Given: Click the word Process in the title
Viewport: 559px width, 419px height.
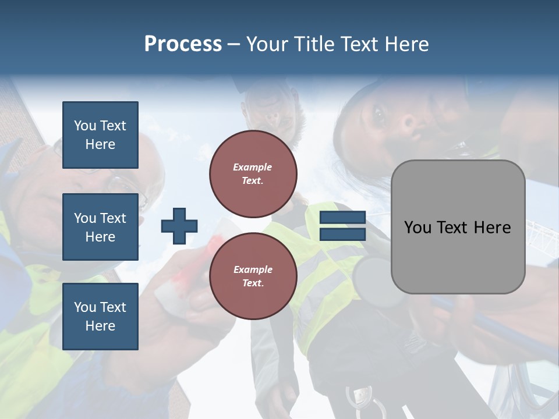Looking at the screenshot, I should (x=183, y=44).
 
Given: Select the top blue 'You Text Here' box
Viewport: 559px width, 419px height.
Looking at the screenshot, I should (x=100, y=135).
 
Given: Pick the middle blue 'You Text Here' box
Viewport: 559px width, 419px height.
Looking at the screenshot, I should (x=100, y=227).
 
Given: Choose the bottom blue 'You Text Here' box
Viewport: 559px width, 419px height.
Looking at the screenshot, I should (x=100, y=316).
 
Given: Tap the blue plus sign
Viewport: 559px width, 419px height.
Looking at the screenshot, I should (x=179, y=226).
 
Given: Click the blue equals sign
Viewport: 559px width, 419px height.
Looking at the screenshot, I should (x=342, y=226).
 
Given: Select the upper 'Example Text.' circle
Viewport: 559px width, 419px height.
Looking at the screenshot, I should (x=253, y=174).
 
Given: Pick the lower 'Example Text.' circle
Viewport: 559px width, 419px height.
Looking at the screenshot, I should (x=253, y=276).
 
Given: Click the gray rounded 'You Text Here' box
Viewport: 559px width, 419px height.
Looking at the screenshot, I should (x=458, y=227).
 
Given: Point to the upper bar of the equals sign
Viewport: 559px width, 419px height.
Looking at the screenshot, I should (x=342, y=218).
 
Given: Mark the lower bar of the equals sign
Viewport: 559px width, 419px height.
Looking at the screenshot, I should (x=342, y=234).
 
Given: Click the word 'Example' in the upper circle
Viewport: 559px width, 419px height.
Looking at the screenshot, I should (x=253, y=168).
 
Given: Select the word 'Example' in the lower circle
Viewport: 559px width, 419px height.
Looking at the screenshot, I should (x=253, y=270).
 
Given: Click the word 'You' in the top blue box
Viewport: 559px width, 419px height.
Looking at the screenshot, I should (x=85, y=126).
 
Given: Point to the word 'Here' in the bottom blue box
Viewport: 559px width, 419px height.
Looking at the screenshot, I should (x=100, y=326).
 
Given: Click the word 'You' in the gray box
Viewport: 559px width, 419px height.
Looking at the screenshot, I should (x=418, y=227).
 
